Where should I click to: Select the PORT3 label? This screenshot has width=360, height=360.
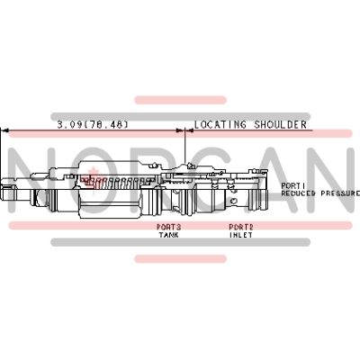(x=169, y=227)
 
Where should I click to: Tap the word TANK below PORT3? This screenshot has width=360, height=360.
(x=169, y=235)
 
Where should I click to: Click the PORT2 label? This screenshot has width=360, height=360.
(x=240, y=227)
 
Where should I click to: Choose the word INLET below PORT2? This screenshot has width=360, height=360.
(x=240, y=235)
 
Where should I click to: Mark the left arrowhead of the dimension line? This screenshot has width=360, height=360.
(x=5, y=131)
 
